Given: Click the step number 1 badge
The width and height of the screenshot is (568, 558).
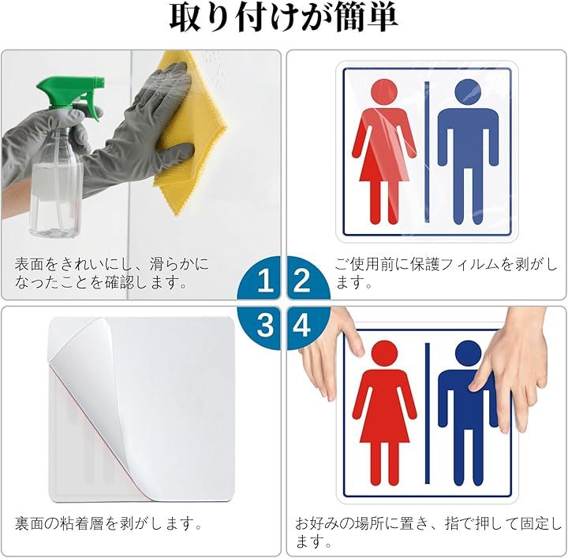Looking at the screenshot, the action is [259, 278].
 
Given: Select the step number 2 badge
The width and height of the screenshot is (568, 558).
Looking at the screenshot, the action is [308, 278].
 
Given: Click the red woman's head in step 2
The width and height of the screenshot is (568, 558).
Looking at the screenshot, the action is [384, 92].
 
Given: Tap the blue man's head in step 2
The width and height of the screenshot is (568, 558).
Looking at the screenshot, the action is [468, 92].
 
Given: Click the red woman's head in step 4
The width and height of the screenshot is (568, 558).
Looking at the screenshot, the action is [384, 354].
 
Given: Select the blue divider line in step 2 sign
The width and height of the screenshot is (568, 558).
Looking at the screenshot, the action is [427, 152].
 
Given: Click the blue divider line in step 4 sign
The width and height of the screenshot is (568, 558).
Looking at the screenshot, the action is [427, 413].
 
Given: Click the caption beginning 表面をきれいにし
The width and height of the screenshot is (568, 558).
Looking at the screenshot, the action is [112, 273].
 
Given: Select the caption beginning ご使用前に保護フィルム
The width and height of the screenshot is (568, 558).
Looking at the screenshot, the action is [447, 273].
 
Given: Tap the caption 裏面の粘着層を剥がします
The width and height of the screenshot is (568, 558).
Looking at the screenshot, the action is [108, 523].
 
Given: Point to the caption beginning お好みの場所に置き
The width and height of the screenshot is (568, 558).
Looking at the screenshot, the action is [428, 533].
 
